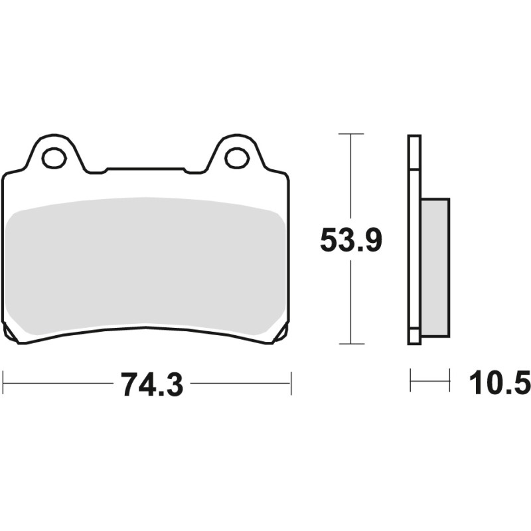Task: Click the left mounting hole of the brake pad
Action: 53,157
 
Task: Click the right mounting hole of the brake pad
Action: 236,157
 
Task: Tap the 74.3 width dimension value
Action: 151,384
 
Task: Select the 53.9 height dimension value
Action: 350,240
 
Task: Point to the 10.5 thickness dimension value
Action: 500,384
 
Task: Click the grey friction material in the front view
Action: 146,265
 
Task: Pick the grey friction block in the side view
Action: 435,265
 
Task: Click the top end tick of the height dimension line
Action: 350,134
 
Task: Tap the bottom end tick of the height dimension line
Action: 350,344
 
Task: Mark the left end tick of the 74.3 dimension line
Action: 3,383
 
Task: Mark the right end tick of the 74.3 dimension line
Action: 291,383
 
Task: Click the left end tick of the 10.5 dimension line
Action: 410,381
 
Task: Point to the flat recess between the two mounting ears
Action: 146,171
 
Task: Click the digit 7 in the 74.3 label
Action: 129,384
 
